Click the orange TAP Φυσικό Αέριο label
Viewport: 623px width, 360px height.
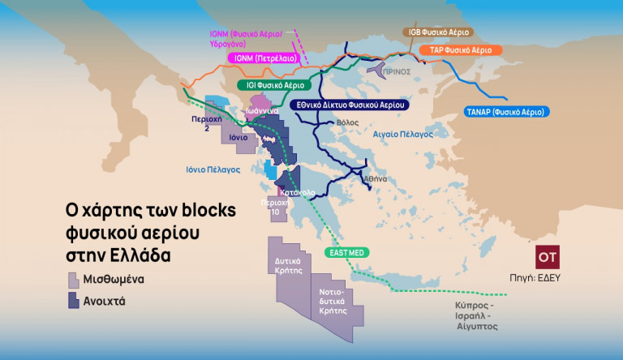[x=461, y=50]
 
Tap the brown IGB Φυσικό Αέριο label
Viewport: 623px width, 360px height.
[x=438, y=32]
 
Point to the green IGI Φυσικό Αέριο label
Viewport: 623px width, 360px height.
[x=271, y=84]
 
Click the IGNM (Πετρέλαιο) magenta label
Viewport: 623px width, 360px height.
[x=264, y=59]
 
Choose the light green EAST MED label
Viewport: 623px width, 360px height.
[x=346, y=253]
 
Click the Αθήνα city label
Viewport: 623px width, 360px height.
[x=375, y=178]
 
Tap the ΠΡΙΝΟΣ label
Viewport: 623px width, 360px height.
[x=397, y=71]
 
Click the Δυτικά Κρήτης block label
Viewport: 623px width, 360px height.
[x=289, y=266]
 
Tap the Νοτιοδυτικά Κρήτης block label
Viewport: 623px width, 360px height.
[x=333, y=300]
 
